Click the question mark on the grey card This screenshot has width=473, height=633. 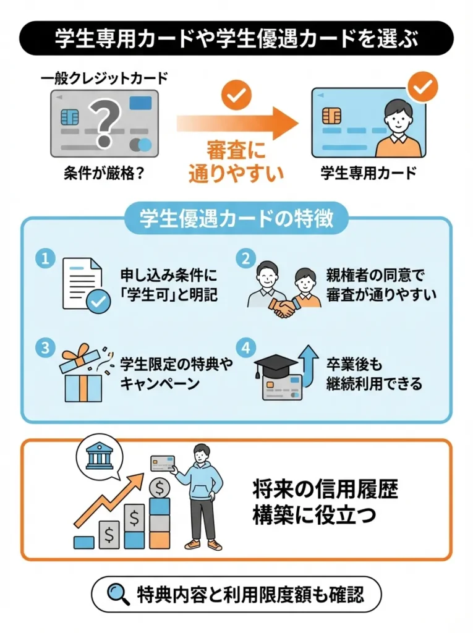104,121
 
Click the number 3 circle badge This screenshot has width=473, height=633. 45,347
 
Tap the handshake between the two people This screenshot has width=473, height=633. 284,308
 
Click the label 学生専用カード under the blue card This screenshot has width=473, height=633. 369,172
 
